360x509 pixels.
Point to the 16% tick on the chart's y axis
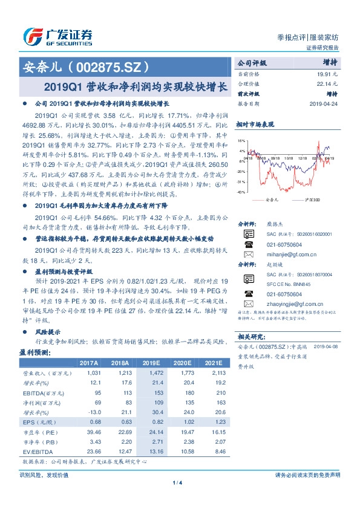(x=241, y=140)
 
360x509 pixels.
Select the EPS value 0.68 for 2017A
(x=94, y=421)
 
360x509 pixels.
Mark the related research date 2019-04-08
(x=327, y=345)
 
